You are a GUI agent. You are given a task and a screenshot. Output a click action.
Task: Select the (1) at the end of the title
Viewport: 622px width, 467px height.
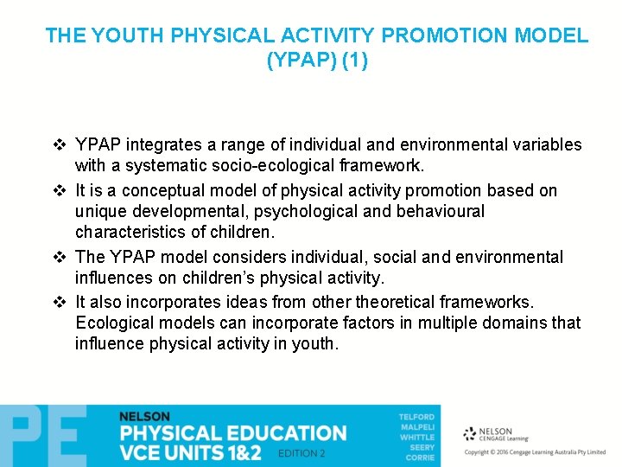(353, 61)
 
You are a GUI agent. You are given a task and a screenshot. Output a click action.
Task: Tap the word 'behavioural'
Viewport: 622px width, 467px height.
(438, 211)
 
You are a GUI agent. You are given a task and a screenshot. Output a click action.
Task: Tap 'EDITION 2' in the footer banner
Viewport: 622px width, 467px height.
(302, 453)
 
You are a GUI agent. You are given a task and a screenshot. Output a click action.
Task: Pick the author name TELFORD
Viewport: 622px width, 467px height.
(416, 417)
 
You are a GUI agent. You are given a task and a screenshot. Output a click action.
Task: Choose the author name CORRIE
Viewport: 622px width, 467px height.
(419, 457)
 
